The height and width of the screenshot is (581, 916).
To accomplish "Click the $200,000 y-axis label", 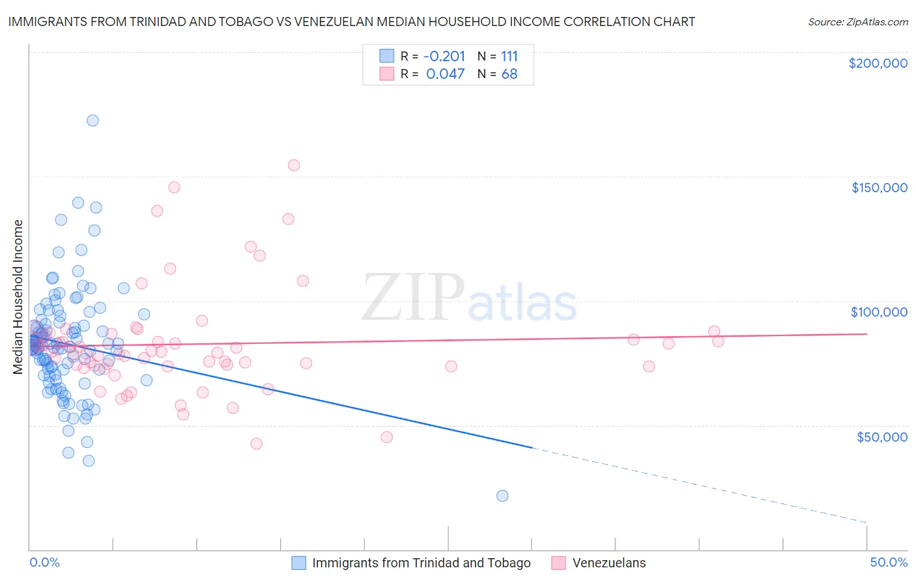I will [x=878, y=63].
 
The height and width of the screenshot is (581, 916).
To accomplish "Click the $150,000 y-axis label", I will [x=879, y=188].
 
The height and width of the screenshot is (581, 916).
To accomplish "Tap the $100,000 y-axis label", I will [x=879, y=312].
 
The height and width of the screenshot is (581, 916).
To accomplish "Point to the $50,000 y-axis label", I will [x=881, y=436].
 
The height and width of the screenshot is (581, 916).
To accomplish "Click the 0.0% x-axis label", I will [x=44, y=562].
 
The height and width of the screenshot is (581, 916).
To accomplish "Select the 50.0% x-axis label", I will [x=889, y=562].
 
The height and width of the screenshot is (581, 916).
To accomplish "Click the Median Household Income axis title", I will [x=18, y=297].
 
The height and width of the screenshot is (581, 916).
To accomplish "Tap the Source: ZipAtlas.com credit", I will [x=857, y=22].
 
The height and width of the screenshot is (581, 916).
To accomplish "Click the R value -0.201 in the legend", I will [x=444, y=56].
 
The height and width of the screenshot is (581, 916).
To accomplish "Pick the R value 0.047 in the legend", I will [x=445, y=74].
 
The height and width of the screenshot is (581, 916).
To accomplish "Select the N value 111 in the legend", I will [x=509, y=56].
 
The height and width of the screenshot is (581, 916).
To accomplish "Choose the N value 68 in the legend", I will [x=509, y=74].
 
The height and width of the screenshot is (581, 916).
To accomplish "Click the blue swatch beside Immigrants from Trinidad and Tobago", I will [x=299, y=563].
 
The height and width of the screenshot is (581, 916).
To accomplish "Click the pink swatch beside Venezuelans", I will [x=558, y=563].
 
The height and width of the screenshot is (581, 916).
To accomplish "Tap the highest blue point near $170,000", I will [x=93, y=120].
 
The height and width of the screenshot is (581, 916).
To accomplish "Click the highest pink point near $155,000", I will [x=294, y=165].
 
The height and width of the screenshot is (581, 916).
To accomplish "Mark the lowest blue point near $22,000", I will [x=502, y=496].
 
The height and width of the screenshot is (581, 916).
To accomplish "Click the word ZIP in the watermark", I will [x=412, y=297].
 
